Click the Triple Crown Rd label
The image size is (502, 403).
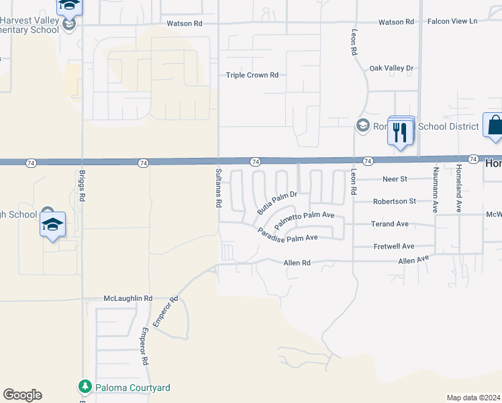252,75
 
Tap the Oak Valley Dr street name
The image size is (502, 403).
391,69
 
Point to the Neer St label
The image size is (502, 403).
395,179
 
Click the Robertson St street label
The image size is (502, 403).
394,201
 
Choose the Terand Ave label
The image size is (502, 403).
390,224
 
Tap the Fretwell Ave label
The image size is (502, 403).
393,247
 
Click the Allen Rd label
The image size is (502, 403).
297,263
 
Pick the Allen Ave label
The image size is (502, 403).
413,260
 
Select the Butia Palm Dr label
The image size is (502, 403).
277,202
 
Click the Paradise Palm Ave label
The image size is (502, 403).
288,235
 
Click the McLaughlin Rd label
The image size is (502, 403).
128,298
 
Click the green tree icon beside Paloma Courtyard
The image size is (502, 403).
85,387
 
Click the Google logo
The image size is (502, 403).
22,395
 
